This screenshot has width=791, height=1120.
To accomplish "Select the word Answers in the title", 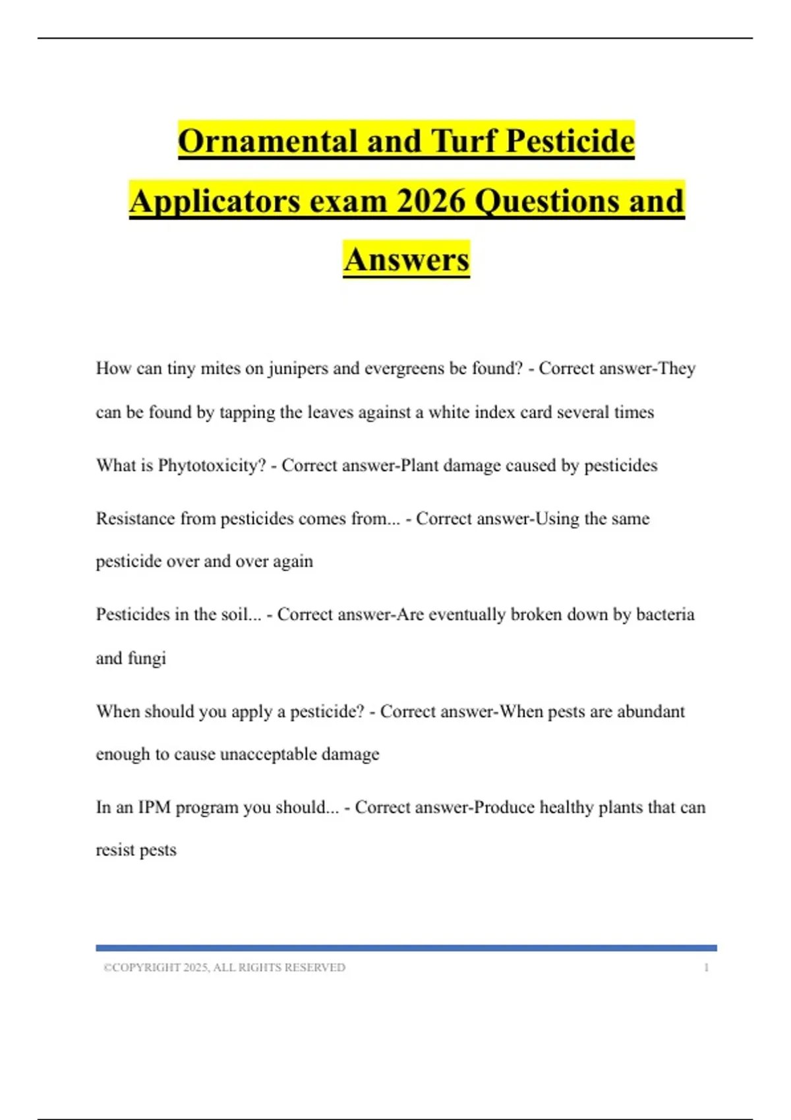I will [x=406, y=259].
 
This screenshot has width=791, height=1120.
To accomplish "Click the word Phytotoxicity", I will [x=211, y=466].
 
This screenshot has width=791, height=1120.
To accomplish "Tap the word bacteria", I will [x=664, y=615].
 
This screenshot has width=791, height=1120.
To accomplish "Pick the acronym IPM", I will [x=154, y=808].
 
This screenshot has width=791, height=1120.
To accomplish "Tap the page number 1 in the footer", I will [x=706, y=968].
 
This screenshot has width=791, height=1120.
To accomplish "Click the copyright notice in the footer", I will [x=224, y=968].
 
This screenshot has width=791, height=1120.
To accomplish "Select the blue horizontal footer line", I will [x=406, y=948].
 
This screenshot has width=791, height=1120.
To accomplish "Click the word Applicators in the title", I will [x=215, y=200].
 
